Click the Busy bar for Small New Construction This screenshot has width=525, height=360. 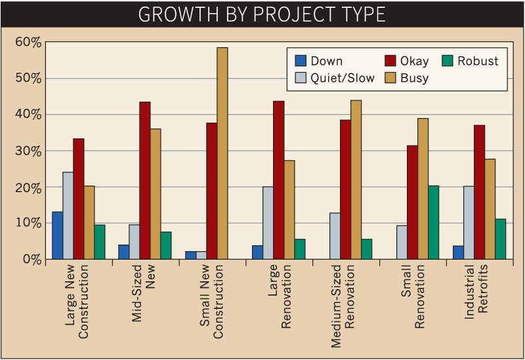(222, 153)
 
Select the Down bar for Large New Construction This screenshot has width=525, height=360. (58, 235)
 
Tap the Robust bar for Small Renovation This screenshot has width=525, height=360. (432, 222)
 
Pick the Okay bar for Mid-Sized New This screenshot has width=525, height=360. (145, 180)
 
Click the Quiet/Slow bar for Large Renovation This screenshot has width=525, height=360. (268, 223)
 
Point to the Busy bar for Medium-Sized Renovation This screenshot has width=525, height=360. (356, 180)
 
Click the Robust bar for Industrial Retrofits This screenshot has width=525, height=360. (501, 239)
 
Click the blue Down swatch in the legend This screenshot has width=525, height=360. (301, 62)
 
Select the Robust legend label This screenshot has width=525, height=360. (478, 62)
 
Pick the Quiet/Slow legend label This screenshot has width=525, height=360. (343, 79)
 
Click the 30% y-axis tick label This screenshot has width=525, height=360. (28, 151)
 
